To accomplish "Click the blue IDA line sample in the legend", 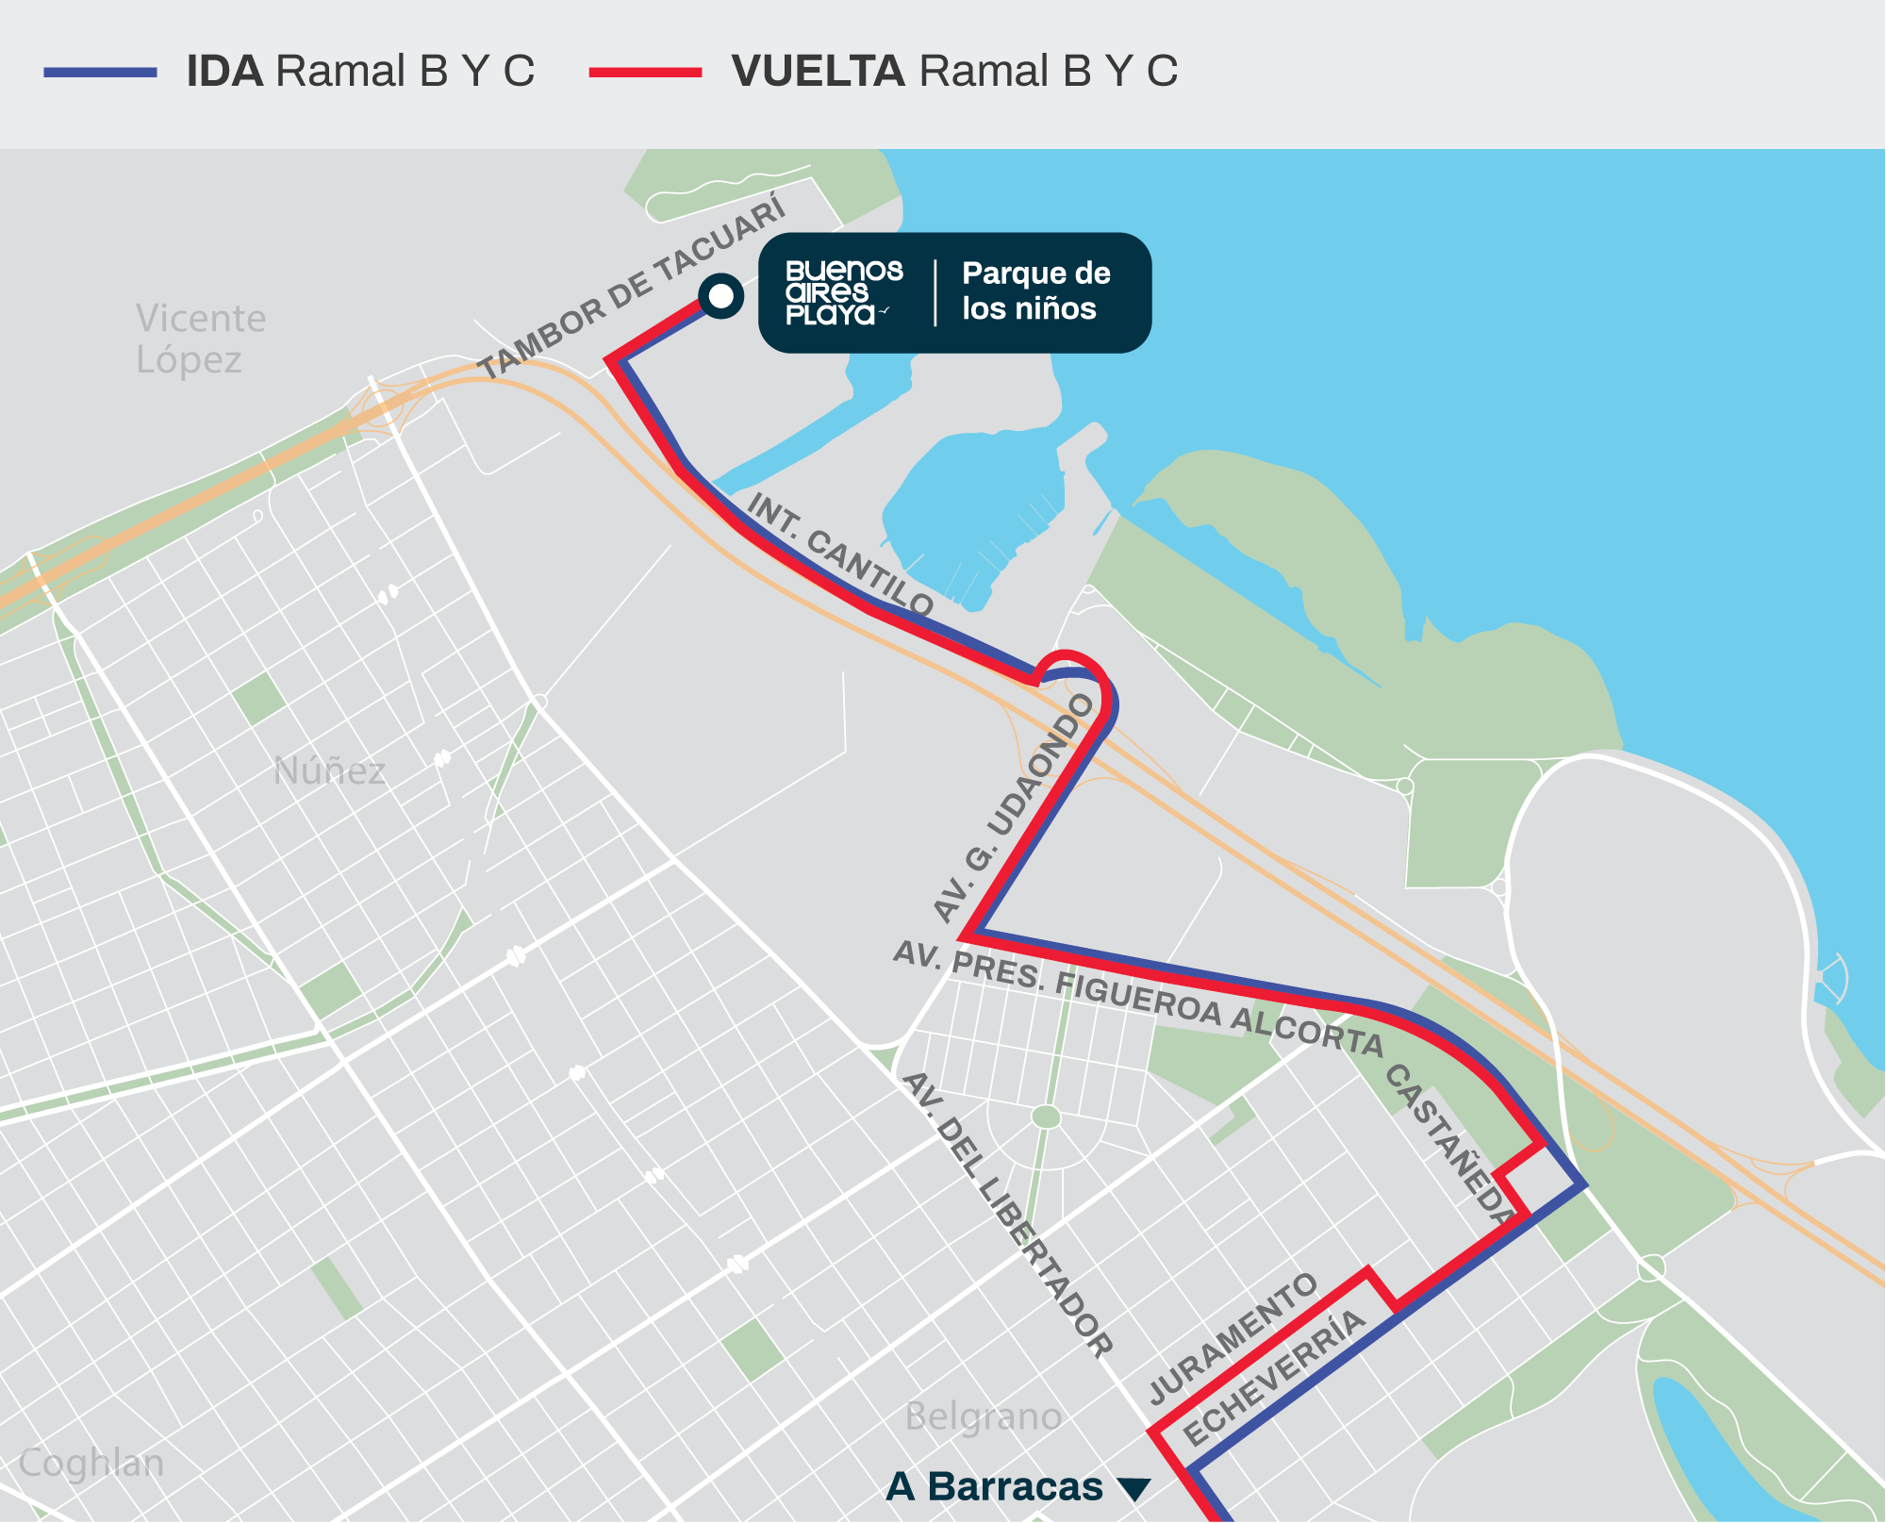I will click(x=100, y=72).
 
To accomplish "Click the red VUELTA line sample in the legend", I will click(x=645, y=72).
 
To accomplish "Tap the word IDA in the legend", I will click(x=224, y=72).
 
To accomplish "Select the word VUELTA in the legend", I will click(x=818, y=72).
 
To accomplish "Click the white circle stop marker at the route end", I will click(x=721, y=296).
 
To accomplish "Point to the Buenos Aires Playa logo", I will click(x=843, y=292).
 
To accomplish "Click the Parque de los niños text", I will click(x=1035, y=290).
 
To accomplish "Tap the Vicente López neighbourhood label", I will click(x=200, y=339).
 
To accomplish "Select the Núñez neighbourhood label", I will click(x=329, y=771).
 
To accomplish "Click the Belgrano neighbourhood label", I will click(x=983, y=1416).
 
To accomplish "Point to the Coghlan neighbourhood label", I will click(x=91, y=1463).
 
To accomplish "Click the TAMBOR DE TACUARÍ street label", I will click(x=631, y=285).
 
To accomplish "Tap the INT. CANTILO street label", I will click(x=840, y=555).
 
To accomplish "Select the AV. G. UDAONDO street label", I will click(x=1014, y=807).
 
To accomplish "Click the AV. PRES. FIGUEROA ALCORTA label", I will click(x=1137, y=996).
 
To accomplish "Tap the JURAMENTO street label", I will click(x=1233, y=1338).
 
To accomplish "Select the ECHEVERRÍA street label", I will click(x=1273, y=1379).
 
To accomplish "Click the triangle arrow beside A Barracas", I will click(x=1133, y=1489).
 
